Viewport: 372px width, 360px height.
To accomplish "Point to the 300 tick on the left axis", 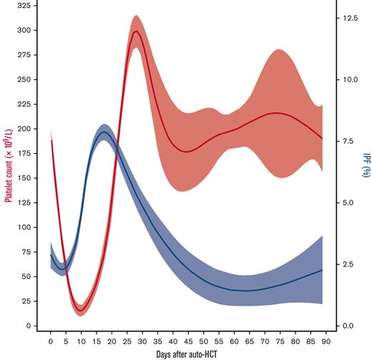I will coord(26,31).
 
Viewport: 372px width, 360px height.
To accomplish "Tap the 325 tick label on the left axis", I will coord(26,6).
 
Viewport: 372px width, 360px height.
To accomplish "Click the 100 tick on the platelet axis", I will coord(26,228).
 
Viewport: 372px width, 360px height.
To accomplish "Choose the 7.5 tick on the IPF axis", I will coord(343,141).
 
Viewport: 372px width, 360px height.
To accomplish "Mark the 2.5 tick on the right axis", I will coord(343,265).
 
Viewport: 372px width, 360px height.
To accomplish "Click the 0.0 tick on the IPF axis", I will coord(343,326).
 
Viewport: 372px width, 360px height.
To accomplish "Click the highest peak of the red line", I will coord(136,31).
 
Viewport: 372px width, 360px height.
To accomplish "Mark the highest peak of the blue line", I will coord(104,132).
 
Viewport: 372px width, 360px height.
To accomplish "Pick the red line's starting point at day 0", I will coord(51,141).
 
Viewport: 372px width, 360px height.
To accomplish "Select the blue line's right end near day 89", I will coord(323,270).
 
